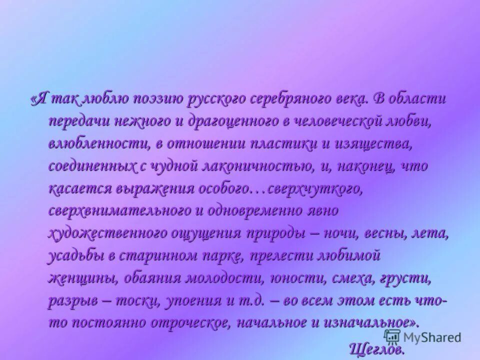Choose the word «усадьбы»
[x=75, y=255]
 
